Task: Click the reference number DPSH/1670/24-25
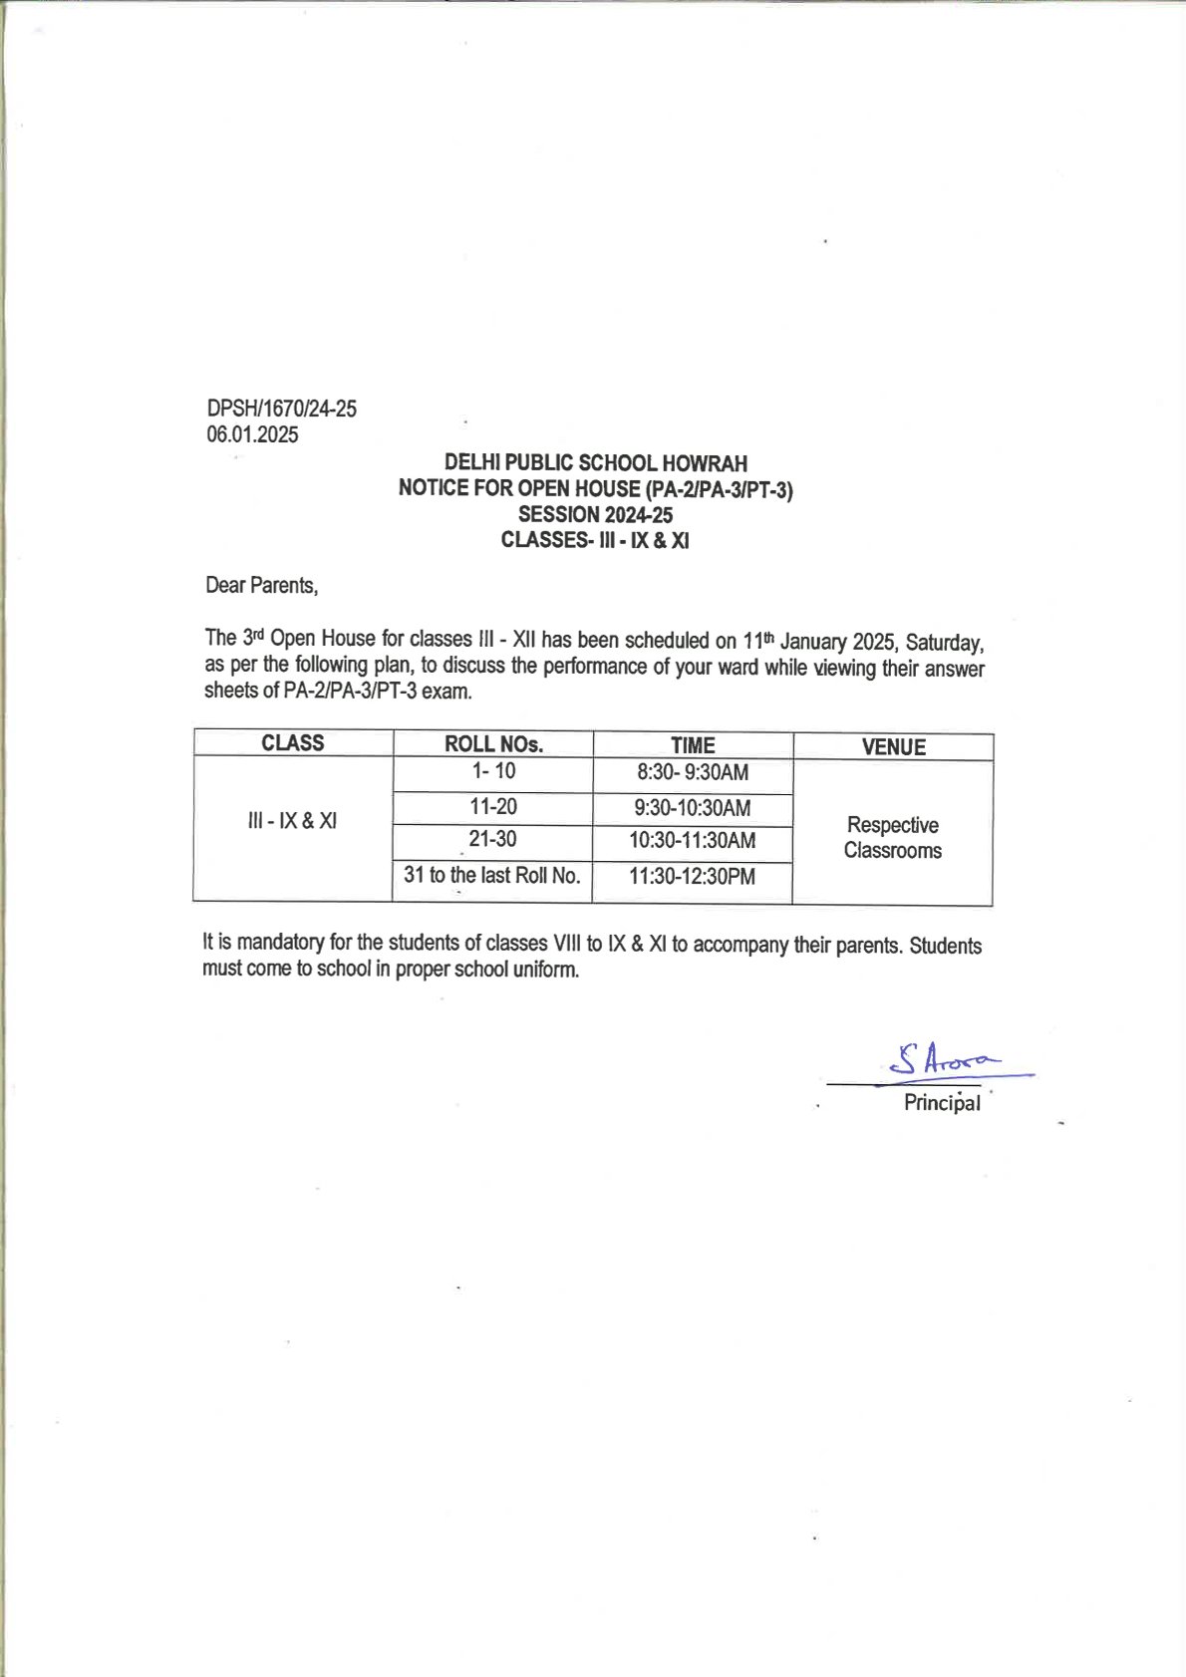click(x=281, y=409)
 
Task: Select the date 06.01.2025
click(x=252, y=434)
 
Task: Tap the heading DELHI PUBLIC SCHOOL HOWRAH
click(x=595, y=463)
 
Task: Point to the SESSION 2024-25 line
click(x=595, y=515)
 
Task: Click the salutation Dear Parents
click(x=261, y=585)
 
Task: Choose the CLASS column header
click(x=292, y=743)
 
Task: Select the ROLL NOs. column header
click(x=493, y=744)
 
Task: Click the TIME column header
click(x=693, y=745)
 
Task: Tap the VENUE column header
click(x=893, y=747)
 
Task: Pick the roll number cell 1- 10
click(x=493, y=771)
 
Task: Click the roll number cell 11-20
click(x=493, y=807)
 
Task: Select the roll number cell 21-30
click(x=492, y=839)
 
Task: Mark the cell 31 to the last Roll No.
click(x=491, y=875)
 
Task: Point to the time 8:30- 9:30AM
click(x=693, y=772)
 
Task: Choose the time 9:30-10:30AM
click(x=693, y=808)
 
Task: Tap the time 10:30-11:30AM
click(x=693, y=840)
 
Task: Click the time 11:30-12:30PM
click(x=693, y=877)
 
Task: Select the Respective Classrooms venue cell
click(x=892, y=837)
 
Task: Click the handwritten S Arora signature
click(x=942, y=1060)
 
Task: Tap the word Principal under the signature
click(x=942, y=1103)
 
